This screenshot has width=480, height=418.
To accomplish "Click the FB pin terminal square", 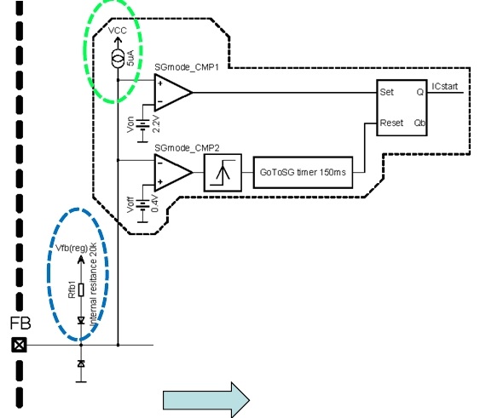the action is (19, 345).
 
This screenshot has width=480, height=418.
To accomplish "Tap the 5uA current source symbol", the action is (118, 57).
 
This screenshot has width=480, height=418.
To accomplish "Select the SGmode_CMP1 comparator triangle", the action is (173, 92).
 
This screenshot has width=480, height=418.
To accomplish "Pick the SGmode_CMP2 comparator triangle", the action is (173, 173).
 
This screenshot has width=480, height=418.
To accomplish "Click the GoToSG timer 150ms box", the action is (303, 173).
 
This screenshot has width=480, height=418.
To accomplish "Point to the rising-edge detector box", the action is (223, 173).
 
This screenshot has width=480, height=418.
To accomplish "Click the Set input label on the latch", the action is (386, 92).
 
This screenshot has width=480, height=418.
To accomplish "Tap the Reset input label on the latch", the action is (391, 123).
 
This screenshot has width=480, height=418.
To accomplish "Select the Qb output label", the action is (419, 123).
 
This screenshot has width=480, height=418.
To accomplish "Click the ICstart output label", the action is (445, 87).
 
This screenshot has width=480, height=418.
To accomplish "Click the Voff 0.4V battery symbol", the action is (142, 205).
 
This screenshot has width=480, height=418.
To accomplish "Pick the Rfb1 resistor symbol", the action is (81, 290).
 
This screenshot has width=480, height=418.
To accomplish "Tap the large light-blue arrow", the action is (206, 400).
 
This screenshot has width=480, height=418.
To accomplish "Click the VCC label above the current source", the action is (118, 31).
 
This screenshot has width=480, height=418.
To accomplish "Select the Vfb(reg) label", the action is (72, 248).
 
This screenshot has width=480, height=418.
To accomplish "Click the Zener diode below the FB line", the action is (81, 364).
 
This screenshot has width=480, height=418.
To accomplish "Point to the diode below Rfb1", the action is (81, 320).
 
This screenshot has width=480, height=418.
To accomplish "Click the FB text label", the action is (20, 324).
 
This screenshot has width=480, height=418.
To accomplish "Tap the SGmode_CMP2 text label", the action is (187, 148).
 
